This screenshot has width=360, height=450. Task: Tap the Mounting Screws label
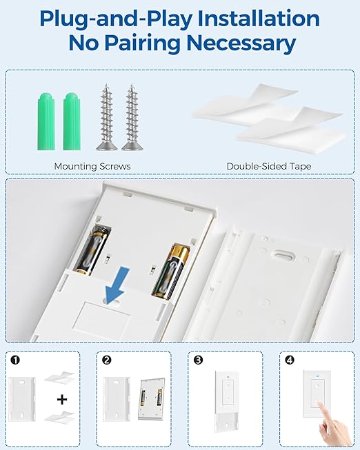pyautogui.click(x=92, y=166)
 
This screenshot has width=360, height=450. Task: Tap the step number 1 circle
pyautogui.click(x=15, y=360)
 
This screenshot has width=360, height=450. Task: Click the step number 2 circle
pyautogui.click(x=106, y=360)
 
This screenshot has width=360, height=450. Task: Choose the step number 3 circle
pyautogui.click(x=197, y=360)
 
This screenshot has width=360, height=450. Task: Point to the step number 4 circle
pyautogui.click(x=288, y=360)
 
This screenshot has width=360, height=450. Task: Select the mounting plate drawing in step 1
pyautogui.click(x=26, y=400)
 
